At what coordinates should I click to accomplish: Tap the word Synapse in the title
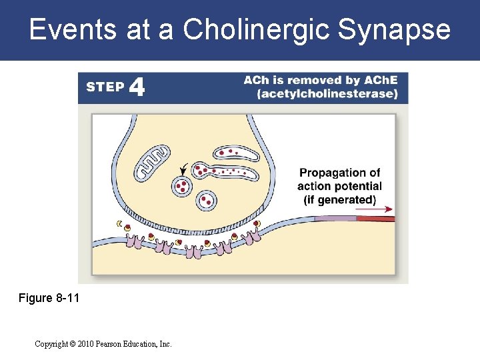pos(395,30)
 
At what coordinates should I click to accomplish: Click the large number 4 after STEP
pos(137,87)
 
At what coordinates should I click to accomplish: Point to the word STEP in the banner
pos(105,87)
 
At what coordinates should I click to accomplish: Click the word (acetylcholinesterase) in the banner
pos(327,94)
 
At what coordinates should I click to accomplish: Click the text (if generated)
pos(339,199)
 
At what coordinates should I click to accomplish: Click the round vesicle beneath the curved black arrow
pos(181,187)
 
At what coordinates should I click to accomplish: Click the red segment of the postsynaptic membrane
pos(375,218)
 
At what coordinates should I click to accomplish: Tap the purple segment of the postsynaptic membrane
pos(335,218)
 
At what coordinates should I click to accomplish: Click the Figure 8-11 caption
pos(49,298)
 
